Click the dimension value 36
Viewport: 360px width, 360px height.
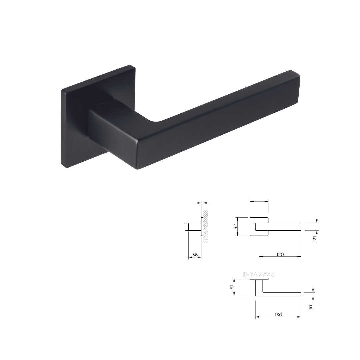click(x=195, y=255)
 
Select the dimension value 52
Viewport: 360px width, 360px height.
click(x=236, y=226)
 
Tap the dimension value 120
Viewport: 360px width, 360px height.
click(x=280, y=254)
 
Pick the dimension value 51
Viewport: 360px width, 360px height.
click(x=232, y=287)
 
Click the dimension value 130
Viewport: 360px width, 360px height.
click(x=278, y=315)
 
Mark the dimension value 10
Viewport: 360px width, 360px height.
click(x=311, y=306)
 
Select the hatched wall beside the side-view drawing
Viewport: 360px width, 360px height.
click(x=206, y=227)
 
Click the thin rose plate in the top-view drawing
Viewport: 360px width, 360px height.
click(x=259, y=279)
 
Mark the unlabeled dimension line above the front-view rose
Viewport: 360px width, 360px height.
click(x=259, y=201)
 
